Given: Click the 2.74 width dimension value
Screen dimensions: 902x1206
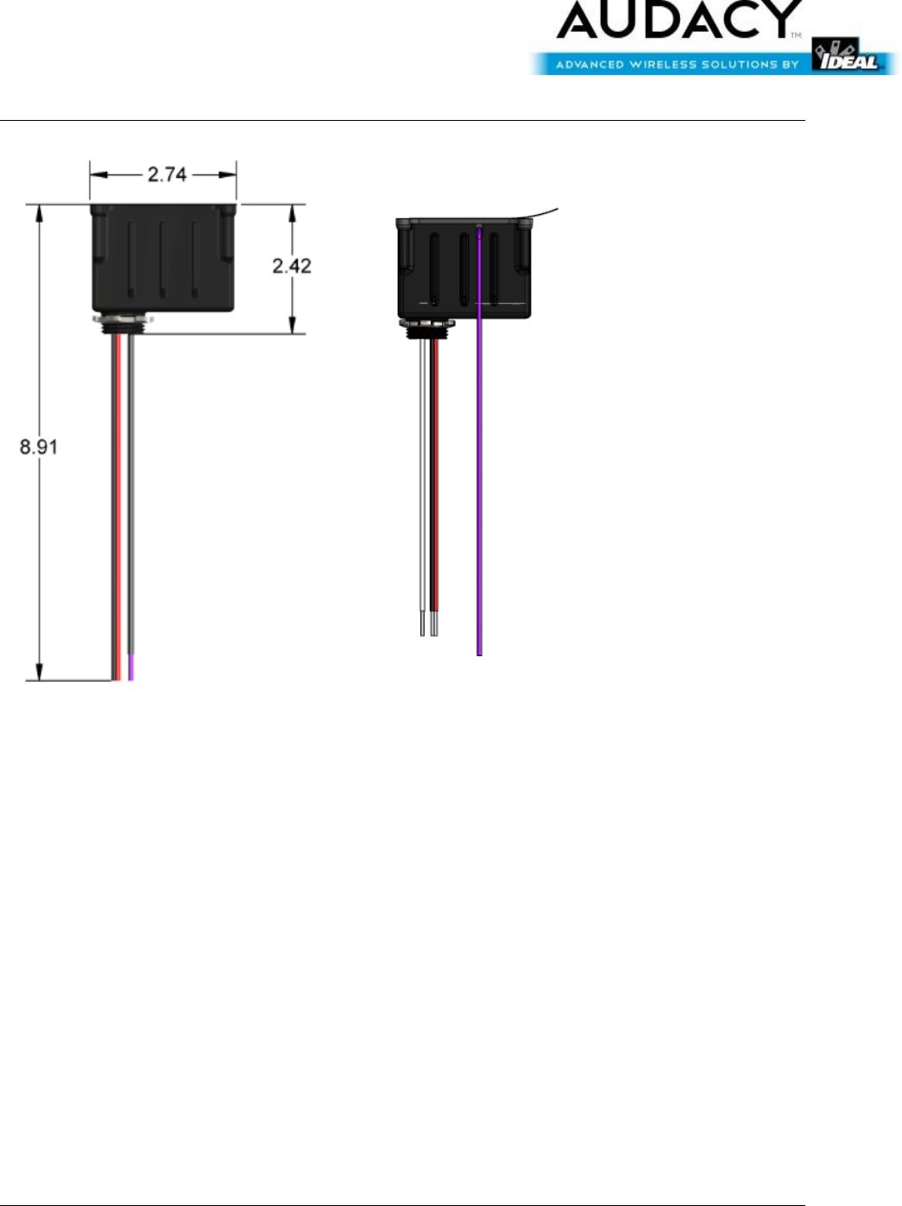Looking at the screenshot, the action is coord(167,174).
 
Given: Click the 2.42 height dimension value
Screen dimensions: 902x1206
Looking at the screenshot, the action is coord(292,266).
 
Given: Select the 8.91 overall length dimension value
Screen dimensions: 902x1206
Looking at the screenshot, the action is coord(39,446).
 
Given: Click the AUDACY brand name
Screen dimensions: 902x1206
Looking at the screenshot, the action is coord(680,19).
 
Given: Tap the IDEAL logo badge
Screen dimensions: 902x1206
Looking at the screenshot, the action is coord(847,55).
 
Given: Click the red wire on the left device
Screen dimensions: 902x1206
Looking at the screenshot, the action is coord(118,507).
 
